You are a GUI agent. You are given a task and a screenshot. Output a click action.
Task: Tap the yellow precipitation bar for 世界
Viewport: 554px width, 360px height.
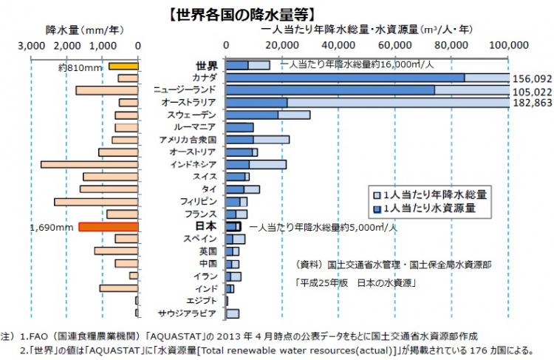[124, 66]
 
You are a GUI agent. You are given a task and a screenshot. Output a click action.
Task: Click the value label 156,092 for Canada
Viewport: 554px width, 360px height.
[532, 78]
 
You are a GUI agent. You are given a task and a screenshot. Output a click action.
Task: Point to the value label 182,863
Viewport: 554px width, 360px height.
[532, 103]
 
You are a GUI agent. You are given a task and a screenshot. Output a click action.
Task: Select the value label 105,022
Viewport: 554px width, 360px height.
[532, 90]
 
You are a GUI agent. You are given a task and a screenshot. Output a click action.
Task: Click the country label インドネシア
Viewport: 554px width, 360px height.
[193, 164]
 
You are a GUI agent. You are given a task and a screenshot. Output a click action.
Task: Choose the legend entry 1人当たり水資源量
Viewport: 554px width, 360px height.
[428, 209]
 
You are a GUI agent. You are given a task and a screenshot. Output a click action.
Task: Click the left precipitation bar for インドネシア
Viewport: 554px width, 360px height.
[89, 164]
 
